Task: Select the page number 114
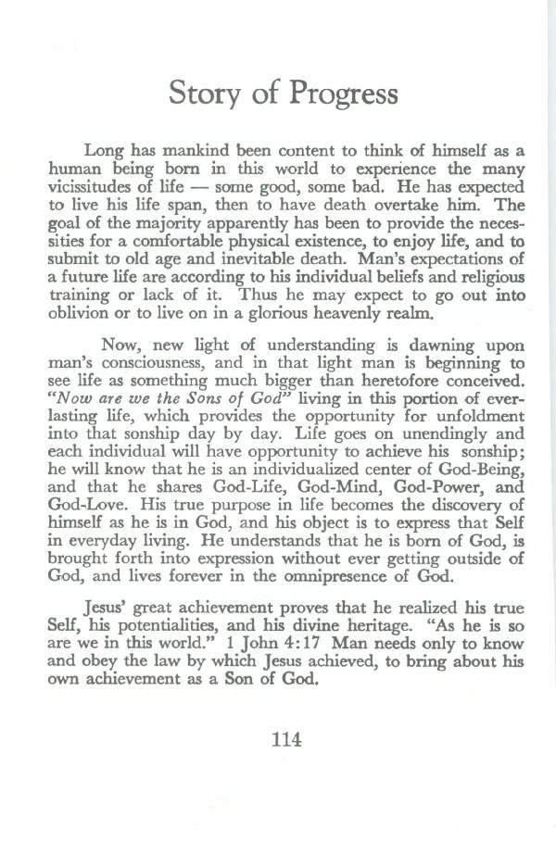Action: [x=284, y=739]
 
